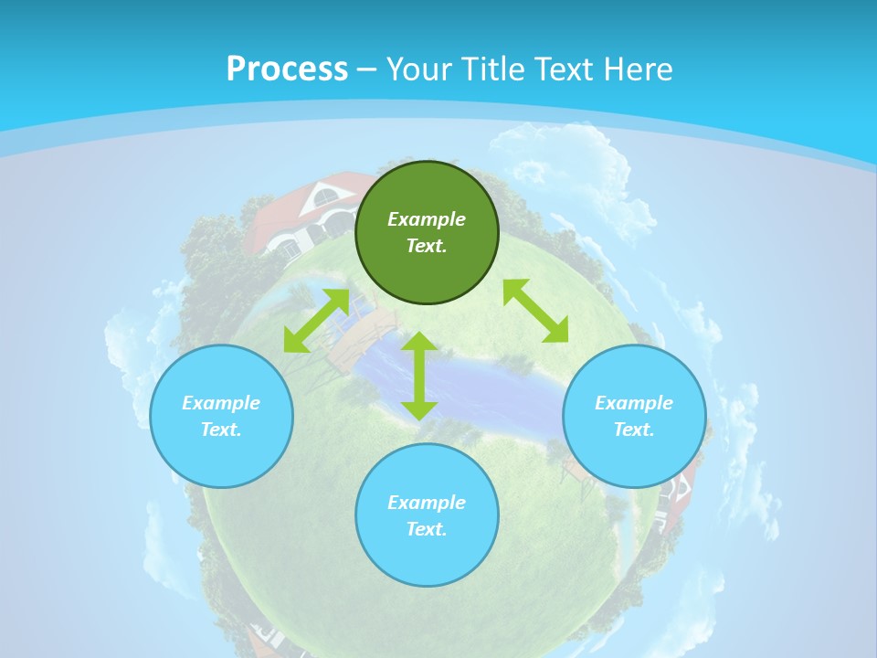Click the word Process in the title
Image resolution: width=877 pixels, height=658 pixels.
[287, 69]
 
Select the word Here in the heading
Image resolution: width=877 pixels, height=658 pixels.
[639, 69]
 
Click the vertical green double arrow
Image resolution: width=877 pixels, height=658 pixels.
[419, 376]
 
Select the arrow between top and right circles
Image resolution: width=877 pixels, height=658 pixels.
[535, 311]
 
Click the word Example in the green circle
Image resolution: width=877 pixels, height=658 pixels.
[427, 219]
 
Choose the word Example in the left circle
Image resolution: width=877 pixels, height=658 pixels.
[221, 403]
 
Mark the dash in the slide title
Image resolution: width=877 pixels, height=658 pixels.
[367, 69]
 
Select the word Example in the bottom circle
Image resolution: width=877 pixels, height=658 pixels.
[427, 503]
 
